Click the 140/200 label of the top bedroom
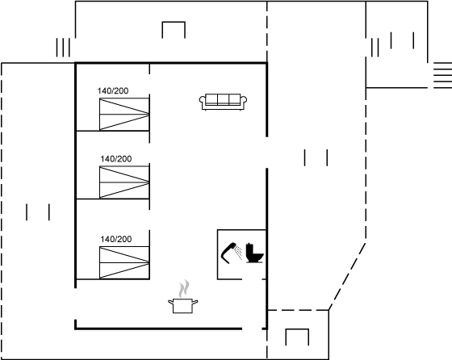click(113, 90)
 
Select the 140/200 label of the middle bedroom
click(116, 159)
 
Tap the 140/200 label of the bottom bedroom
click(116, 239)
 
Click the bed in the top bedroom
click(124, 114)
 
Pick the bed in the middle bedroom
click(124, 182)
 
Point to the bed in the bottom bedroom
click(124, 262)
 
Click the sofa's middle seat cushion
click(223, 99)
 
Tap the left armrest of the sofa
click(202, 101)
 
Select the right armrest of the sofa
click(244, 101)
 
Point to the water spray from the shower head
click(238, 252)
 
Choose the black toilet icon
click(254, 253)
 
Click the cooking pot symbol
click(183, 306)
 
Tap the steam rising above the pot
click(184, 289)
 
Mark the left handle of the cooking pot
click(170, 302)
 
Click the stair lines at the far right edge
click(443, 75)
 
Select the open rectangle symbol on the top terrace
click(174, 22)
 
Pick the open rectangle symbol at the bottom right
click(297, 329)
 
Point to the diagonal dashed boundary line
click(347, 277)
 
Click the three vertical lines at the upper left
click(63, 48)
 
